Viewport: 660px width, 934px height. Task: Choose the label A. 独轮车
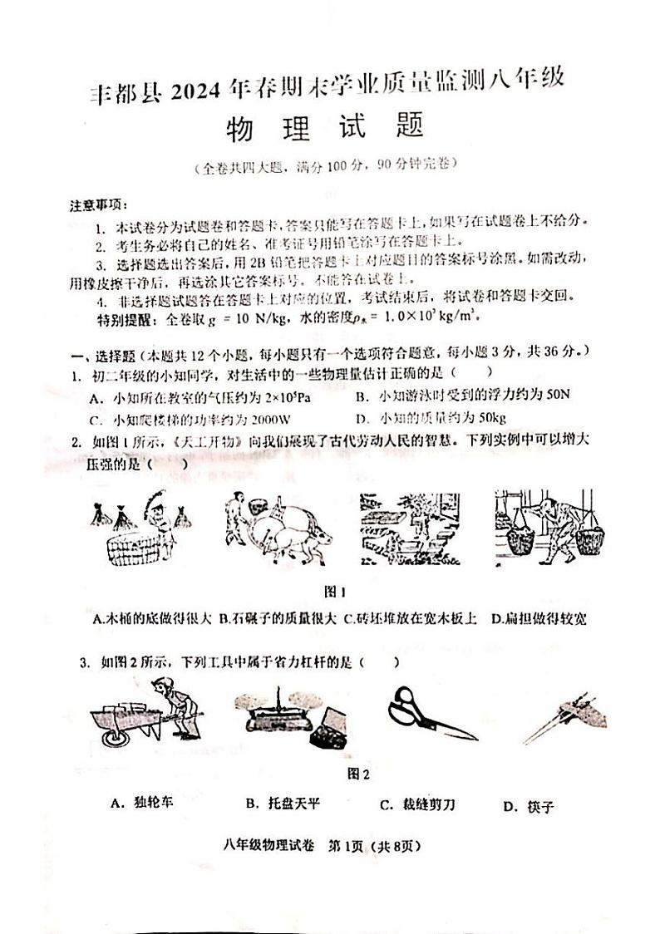[x=142, y=804]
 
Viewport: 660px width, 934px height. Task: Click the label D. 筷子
[x=528, y=806]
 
